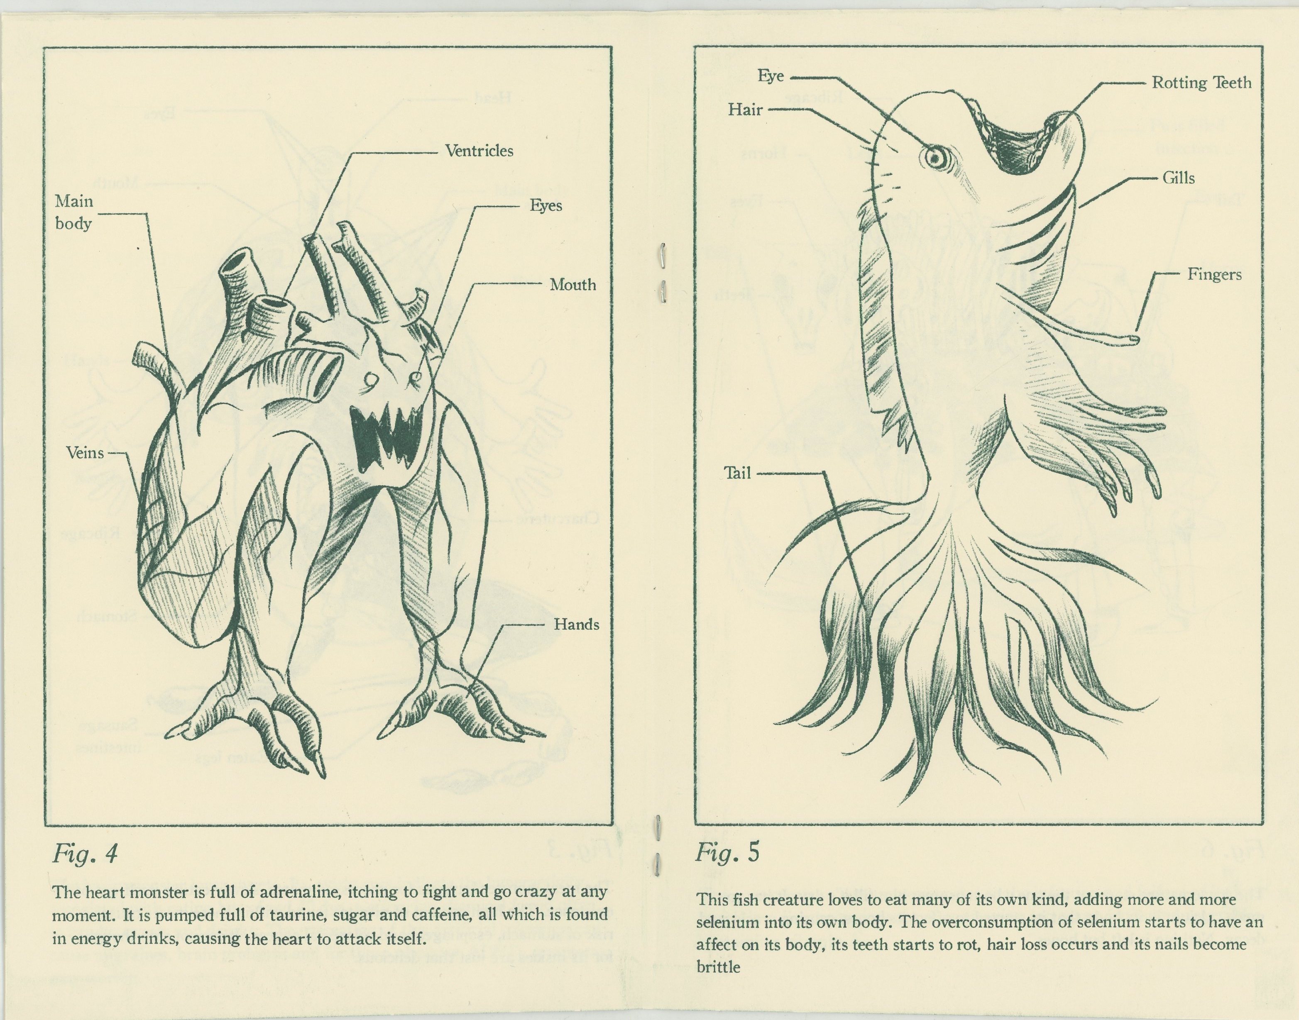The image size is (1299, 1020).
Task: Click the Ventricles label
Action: [479, 151]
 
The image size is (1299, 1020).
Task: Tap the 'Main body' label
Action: [74, 212]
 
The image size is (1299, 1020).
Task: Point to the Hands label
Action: [576, 625]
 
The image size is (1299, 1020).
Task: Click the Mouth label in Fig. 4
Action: [572, 285]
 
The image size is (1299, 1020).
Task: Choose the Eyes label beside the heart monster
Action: [546, 205]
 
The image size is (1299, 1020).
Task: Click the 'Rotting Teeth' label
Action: [1201, 83]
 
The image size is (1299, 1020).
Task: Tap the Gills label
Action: [1178, 178]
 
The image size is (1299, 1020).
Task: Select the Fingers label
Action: [1214, 275]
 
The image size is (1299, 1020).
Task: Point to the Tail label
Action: [737, 473]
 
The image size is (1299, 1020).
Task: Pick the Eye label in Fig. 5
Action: [771, 76]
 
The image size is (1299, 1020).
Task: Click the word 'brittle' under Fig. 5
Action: [718, 967]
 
